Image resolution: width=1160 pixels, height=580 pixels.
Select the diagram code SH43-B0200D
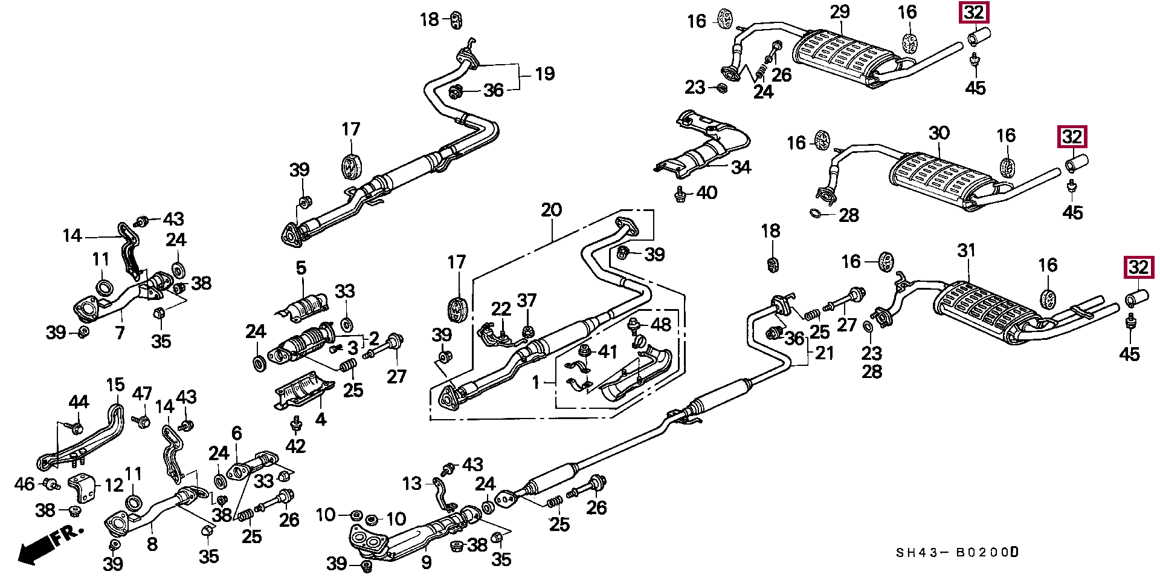click(x=957, y=553)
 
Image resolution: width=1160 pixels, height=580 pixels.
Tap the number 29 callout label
click(x=840, y=12)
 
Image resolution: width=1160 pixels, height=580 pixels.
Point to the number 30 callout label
click(x=939, y=133)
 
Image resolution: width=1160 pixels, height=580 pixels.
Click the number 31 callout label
click(x=967, y=250)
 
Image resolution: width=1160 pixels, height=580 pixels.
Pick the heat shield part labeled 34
click(x=701, y=145)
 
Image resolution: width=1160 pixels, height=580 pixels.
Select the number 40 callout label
click(x=706, y=193)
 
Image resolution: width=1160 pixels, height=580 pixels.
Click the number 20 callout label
click(x=551, y=210)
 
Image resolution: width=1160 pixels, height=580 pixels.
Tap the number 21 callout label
click(x=824, y=353)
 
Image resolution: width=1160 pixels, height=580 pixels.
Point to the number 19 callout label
click(x=544, y=74)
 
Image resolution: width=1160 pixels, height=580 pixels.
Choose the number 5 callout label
click(x=301, y=268)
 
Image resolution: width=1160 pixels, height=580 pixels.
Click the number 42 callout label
click(x=295, y=446)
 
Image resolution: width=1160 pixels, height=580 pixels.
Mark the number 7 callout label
click(x=120, y=333)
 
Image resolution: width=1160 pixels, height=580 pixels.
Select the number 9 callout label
click(x=427, y=562)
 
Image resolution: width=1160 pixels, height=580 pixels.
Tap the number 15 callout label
click(x=115, y=385)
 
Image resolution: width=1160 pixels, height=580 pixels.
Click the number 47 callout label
click(x=142, y=394)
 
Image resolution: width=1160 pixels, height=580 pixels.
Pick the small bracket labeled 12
click(x=83, y=487)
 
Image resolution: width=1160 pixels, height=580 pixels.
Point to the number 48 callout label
click(x=661, y=325)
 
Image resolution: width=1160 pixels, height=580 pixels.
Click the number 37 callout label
click(x=527, y=301)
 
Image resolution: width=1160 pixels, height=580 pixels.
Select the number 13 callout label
click(x=412, y=484)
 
